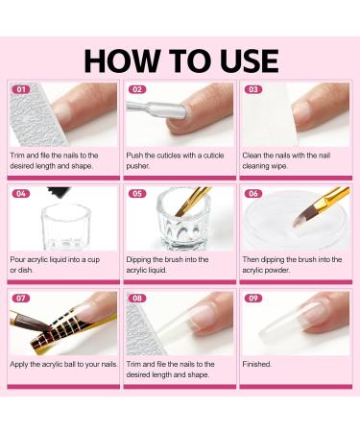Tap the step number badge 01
(21, 89)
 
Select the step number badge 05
(137, 194)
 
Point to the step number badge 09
(253, 299)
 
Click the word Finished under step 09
(256, 364)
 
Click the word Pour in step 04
(17, 259)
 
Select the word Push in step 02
(134, 156)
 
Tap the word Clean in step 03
(252, 156)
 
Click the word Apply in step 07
(19, 365)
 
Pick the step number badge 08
(137, 299)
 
